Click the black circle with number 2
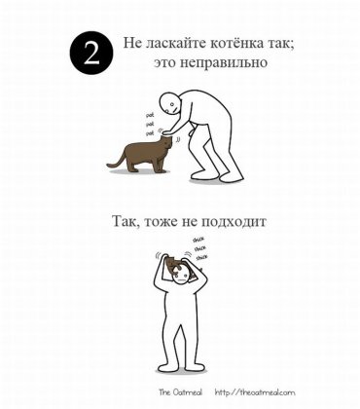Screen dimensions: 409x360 point(90,55)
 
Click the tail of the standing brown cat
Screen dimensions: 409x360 point(115,159)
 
